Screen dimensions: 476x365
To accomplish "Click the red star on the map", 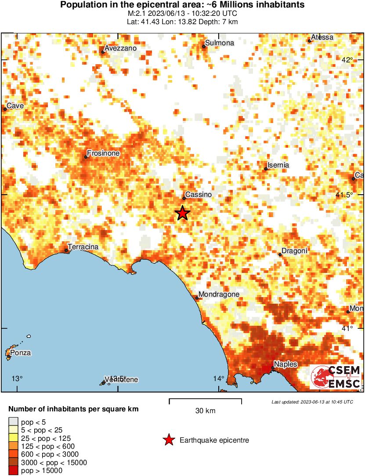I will [x=183, y=213].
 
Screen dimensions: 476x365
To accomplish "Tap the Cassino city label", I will [x=199, y=194].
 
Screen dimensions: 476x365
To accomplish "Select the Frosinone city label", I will [x=103, y=153].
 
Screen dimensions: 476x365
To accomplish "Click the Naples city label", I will [x=285, y=364].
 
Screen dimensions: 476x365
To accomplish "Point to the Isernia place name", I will [x=279, y=165].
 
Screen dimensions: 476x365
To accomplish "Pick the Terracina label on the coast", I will [x=83, y=247].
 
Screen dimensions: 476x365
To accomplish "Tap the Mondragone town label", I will [x=219, y=294].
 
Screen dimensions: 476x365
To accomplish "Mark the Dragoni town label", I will [x=294, y=251].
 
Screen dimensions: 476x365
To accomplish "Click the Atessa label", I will [x=322, y=37].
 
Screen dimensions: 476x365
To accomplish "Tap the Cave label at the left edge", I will [x=15, y=105].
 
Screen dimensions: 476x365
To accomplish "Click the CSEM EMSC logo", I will [x=336, y=377].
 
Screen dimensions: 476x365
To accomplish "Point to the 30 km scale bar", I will [x=205, y=400].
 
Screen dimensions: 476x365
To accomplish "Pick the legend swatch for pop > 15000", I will [x=14, y=471].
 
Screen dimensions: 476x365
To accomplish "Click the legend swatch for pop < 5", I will [x=14, y=422].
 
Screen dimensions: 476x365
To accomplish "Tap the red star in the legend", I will [x=168, y=440].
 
